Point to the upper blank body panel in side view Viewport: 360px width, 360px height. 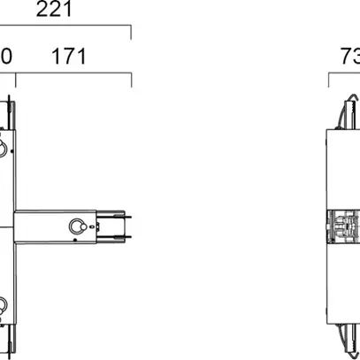[x=341, y=168]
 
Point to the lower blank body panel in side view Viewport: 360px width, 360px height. [x=341, y=287]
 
